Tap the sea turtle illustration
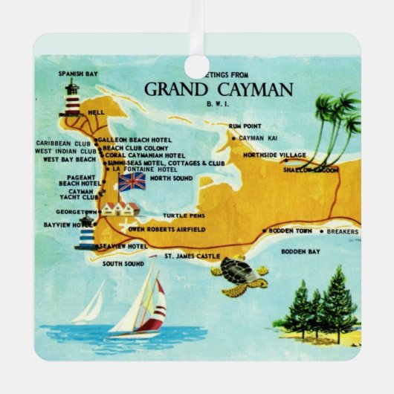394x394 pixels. (239, 275)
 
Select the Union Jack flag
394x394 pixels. (132, 182)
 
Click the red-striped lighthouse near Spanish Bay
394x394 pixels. (72, 99)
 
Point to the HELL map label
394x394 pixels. (97, 112)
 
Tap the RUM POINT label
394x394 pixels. (244, 127)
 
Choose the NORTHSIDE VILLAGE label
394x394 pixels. (274, 155)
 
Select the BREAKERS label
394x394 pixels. (343, 232)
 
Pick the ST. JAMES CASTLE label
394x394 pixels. (192, 256)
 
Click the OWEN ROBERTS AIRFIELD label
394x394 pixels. (167, 230)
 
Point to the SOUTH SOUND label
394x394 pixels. (123, 263)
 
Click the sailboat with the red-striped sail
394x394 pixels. (141, 302)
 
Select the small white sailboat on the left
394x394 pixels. (89, 305)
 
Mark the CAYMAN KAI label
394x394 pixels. (259, 138)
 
